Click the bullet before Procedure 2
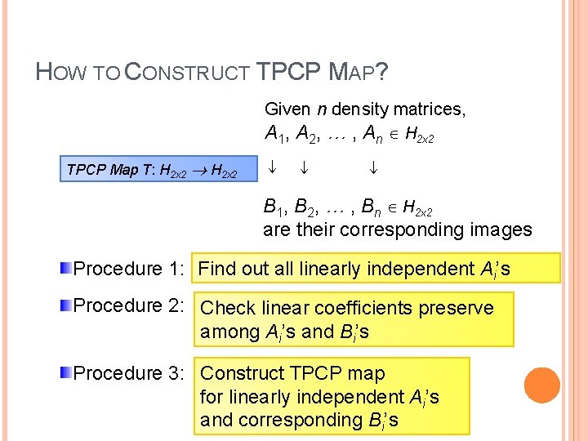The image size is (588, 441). click(x=67, y=305)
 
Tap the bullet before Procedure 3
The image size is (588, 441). click(x=67, y=373)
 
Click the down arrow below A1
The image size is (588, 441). click(x=274, y=170)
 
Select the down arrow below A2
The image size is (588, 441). click(x=303, y=170)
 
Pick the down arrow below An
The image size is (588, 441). click(x=372, y=170)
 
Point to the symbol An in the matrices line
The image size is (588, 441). click(x=372, y=134)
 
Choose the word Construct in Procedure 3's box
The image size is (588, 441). click(x=241, y=373)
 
